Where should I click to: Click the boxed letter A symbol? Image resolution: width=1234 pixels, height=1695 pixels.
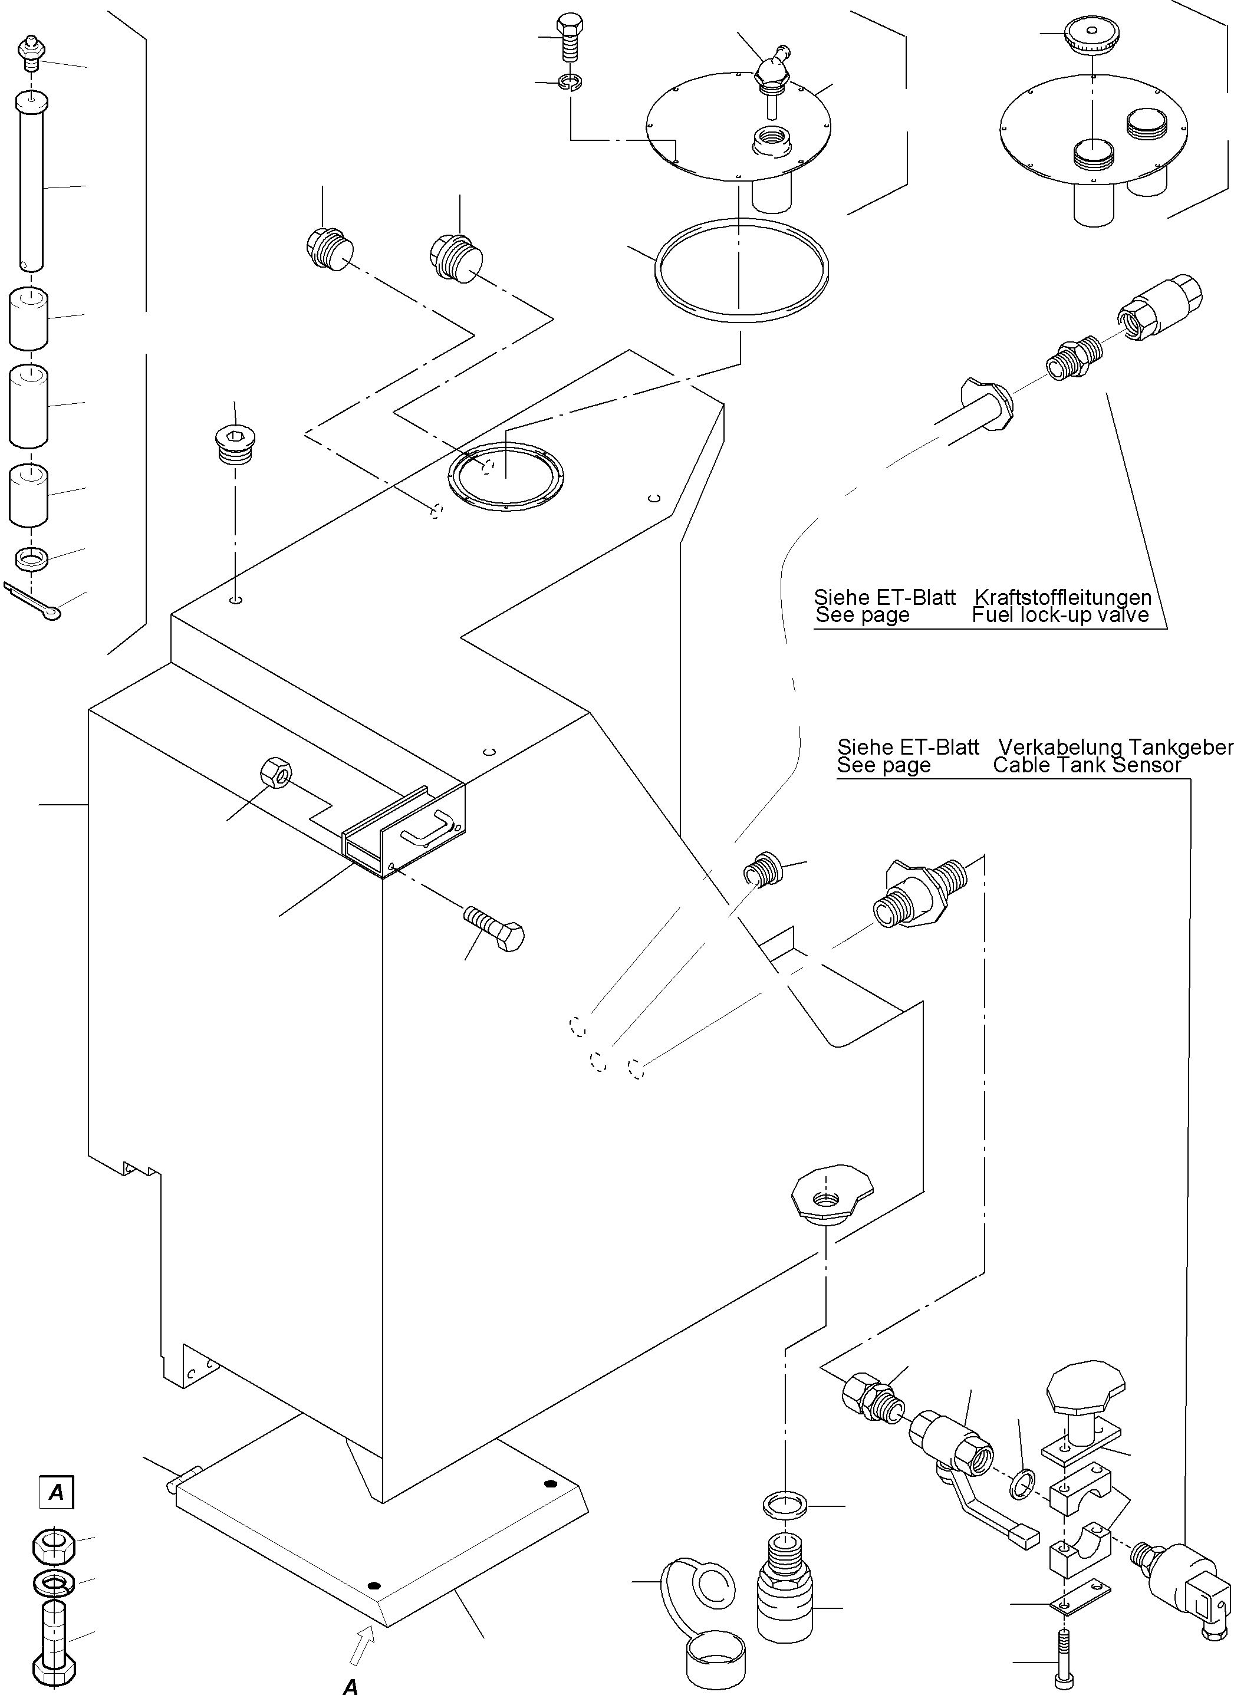pos(56,1492)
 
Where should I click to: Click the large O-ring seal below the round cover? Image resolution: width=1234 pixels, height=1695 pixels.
pos(741,271)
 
